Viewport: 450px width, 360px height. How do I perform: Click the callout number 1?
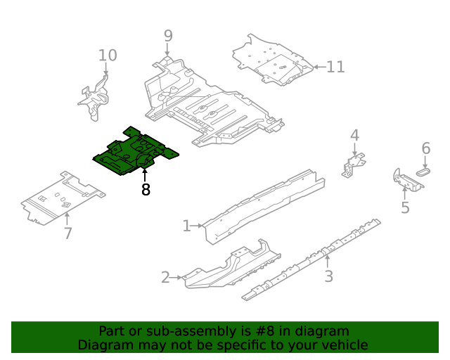pyautogui.click(x=186, y=226)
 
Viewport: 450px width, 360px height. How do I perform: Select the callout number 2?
pyautogui.click(x=165, y=278)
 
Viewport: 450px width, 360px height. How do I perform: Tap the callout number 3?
pyautogui.click(x=328, y=276)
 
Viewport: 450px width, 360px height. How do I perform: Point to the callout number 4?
pyautogui.click(x=354, y=135)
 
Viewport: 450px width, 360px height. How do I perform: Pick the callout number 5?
pyautogui.click(x=405, y=207)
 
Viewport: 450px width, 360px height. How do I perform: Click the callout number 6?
pyautogui.click(x=425, y=148)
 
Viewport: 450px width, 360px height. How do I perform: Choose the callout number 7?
pyautogui.click(x=67, y=233)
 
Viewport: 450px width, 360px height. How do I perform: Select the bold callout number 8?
pyautogui.click(x=146, y=190)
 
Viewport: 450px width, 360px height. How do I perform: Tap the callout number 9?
pyautogui.click(x=168, y=36)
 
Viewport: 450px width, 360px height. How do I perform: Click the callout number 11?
pyautogui.click(x=335, y=67)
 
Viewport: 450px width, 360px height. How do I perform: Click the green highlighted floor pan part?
pyautogui.click(x=134, y=151)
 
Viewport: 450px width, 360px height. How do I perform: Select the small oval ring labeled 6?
pyautogui.click(x=424, y=169)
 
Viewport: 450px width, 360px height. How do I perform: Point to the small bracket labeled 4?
pyautogui.click(x=354, y=164)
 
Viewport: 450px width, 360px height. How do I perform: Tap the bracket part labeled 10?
pyautogui.click(x=94, y=98)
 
